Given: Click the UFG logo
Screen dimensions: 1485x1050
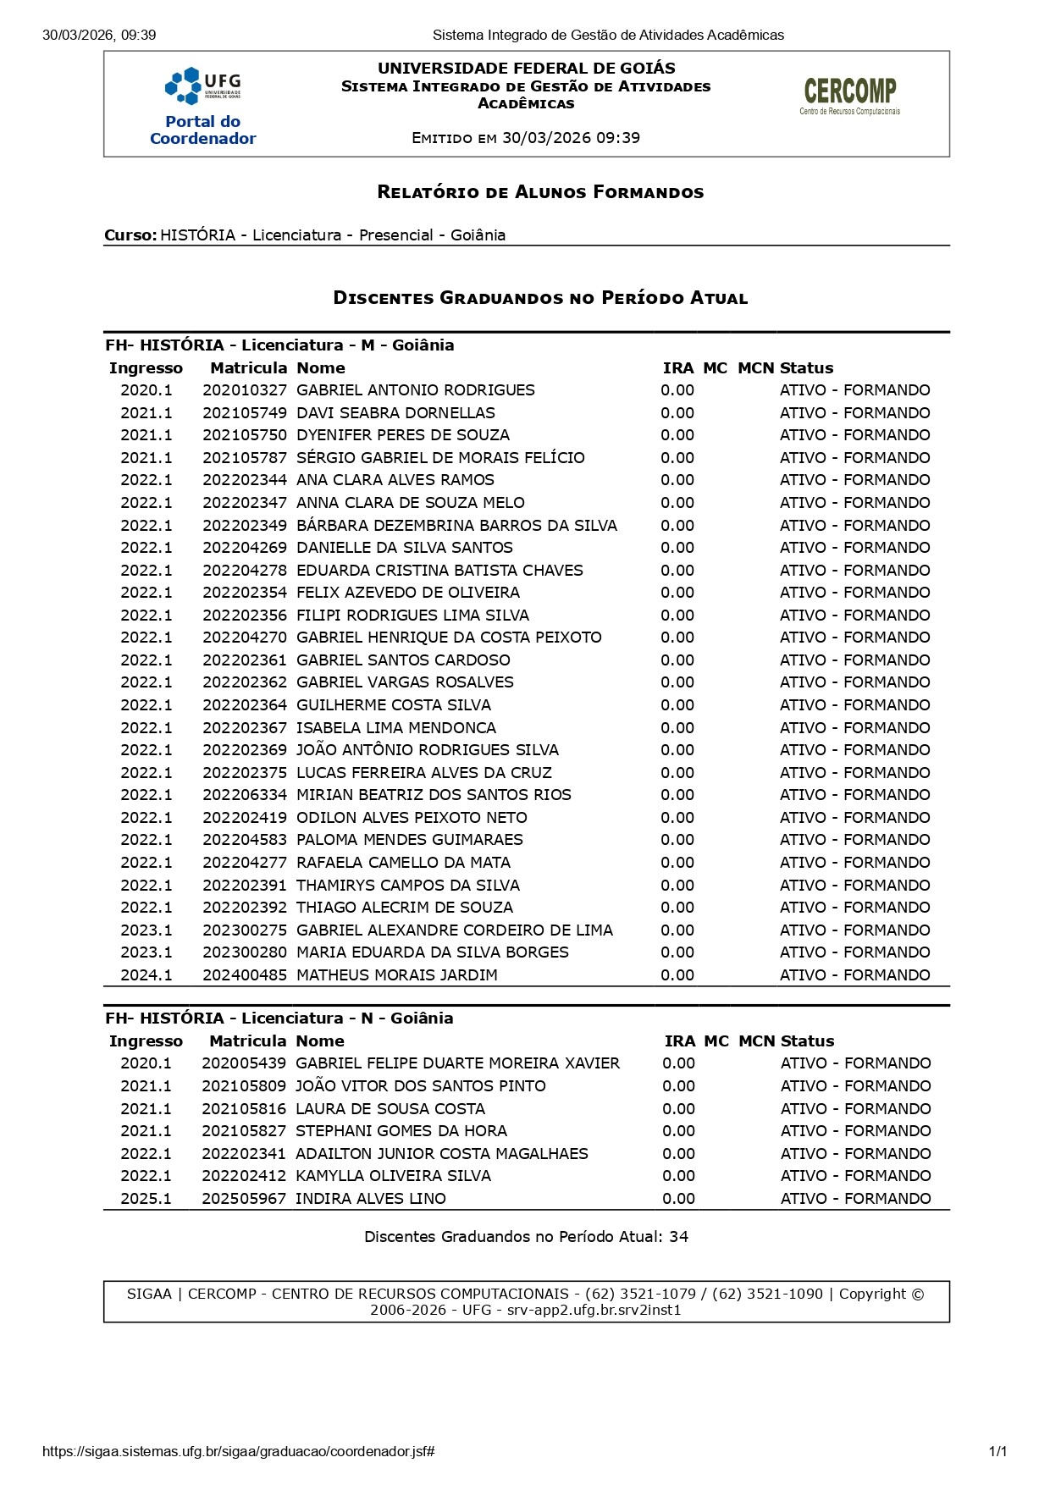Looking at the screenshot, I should coord(202,85).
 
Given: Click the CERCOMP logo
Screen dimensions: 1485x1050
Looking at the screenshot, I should coord(849,96).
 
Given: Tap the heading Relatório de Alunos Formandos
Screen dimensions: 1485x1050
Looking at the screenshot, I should coord(540,192).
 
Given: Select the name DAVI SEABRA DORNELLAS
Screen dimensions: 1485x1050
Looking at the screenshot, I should coord(395,413).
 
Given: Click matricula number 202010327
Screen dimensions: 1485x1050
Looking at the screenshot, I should coord(245,390).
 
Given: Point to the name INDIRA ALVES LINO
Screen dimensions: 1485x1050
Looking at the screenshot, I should coord(370,1199).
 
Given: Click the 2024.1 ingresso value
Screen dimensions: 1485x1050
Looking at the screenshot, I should coord(146,975).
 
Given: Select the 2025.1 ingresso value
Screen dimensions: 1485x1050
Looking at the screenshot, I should coord(146,1199).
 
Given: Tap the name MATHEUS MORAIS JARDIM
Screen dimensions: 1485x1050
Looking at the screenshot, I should coord(396,975).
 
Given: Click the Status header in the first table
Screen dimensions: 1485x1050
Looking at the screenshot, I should coord(806,368).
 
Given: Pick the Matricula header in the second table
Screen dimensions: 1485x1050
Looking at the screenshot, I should coord(247,1041).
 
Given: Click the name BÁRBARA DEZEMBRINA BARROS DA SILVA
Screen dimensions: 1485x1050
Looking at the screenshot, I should coord(456,526).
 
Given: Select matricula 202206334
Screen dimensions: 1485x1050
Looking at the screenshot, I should coord(245,795).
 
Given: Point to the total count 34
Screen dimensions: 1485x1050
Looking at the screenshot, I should coord(678,1237).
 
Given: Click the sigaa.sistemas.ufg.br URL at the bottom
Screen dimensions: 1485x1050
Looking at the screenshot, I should coord(238,1451).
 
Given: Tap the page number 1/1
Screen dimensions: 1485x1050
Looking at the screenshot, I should coord(997,1451).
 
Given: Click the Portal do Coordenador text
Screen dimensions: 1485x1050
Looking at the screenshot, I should coord(202,130).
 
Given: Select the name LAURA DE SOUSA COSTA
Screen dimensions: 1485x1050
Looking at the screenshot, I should coord(390,1109).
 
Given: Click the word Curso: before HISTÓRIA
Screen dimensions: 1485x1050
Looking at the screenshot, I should coord(130,235).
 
